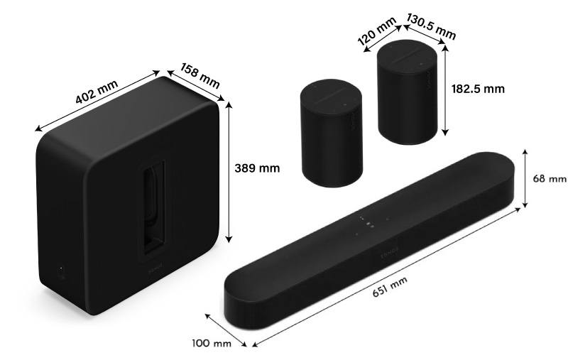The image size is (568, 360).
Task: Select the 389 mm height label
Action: pyautogui.click(x=256, y=168)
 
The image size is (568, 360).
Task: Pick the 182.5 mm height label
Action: pyautogui.click(x=477, y=89)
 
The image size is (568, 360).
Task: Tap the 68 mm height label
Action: pyautogui.click(x=550, y=178)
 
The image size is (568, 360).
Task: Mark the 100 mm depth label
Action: pyautogui.click(x=212, y=344)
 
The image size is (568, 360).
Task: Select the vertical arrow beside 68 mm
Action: pyautogui.click(x=525, y=178)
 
